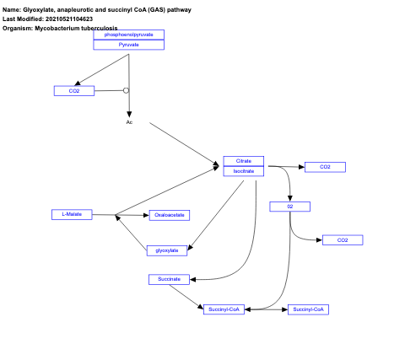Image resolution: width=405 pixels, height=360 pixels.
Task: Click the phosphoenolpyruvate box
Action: click(128, 35)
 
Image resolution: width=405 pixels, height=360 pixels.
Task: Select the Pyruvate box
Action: click(128, 45)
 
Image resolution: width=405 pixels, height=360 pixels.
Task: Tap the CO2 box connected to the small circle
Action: click(74, 90)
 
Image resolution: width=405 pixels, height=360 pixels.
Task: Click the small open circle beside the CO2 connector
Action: click(126, 90)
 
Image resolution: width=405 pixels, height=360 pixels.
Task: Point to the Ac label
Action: click(129, 122)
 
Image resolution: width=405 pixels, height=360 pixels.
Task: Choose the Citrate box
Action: click(243, 161)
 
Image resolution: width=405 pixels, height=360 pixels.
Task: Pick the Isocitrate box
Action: click(243, 171)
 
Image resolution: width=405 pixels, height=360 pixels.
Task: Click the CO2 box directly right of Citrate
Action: click(325, 167)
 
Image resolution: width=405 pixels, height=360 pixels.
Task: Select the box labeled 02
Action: click(290, 207)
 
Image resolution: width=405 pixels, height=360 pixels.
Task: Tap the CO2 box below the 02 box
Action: click(342, 240)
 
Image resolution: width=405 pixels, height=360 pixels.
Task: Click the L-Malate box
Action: click(72, 214)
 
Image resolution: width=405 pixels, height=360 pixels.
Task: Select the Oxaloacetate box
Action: click(170, 215)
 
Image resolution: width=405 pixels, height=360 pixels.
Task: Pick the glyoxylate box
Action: click(167, 250)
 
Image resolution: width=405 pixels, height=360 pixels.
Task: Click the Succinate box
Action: click(170, 279)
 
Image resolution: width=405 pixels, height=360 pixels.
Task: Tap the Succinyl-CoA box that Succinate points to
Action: click(224, 309)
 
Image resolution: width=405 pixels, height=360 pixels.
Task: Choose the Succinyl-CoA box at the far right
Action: click(308, 309)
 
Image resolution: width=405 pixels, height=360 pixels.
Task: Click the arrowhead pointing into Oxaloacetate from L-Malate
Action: click(145, 215)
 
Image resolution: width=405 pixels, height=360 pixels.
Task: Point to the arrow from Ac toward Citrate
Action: click(183, 143)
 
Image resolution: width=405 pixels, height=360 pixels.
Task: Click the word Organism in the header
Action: click(17, 28)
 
